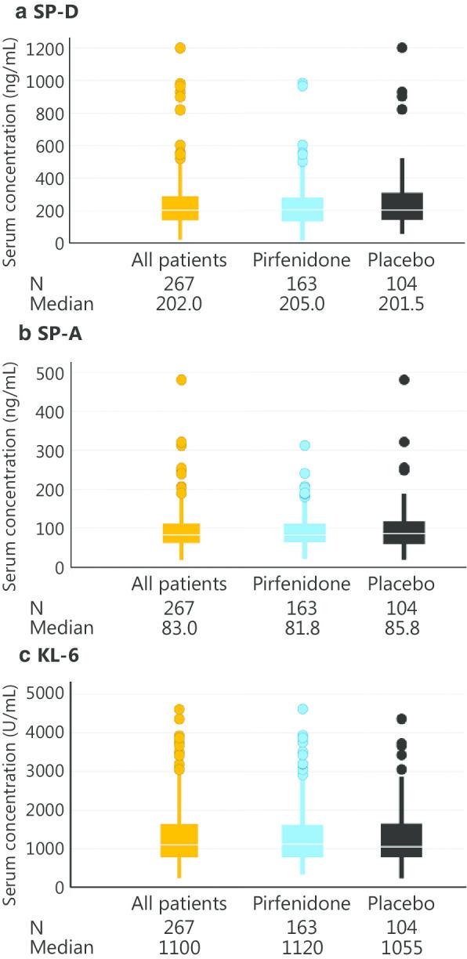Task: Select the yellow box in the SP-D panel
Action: point(179,208)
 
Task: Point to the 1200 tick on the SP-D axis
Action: point(49,48)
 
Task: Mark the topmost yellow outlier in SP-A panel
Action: point(179,380)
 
